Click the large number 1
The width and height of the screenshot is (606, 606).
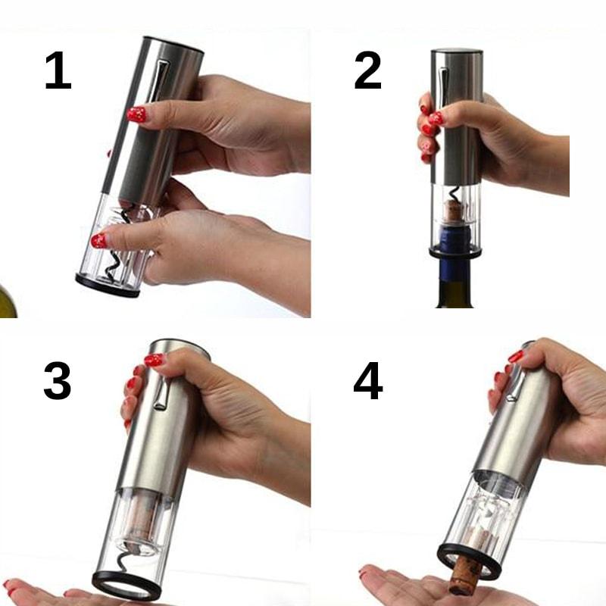coord(58,70)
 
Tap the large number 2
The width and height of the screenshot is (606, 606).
coord(368,70)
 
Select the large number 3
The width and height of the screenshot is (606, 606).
coord(58,381)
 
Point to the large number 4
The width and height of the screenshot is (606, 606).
coord(368,381)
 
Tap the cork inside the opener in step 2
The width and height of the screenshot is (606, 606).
coord(453,210)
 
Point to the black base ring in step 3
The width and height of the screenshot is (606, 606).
coord(127,586)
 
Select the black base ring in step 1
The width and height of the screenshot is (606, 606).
coord(107,286)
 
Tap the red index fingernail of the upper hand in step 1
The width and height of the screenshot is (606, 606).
coord(137,115)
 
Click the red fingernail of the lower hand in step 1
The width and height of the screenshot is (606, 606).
coord(99,241)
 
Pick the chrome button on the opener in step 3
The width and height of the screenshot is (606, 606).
coord(161,392)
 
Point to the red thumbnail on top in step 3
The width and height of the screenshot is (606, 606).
coord(154,361)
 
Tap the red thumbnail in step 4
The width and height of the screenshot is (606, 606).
coord(516,356)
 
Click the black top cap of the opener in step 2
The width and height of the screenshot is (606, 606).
coord(457,52)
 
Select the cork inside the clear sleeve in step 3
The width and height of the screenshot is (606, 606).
coord(140,519)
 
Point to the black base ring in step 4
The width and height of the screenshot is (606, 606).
coord(468,561)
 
